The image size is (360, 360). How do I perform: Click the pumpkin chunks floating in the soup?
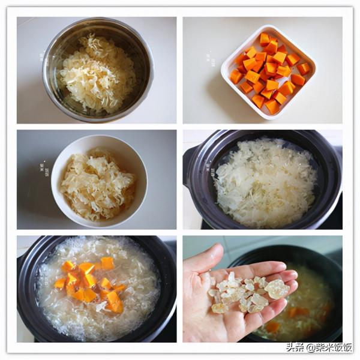90,282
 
